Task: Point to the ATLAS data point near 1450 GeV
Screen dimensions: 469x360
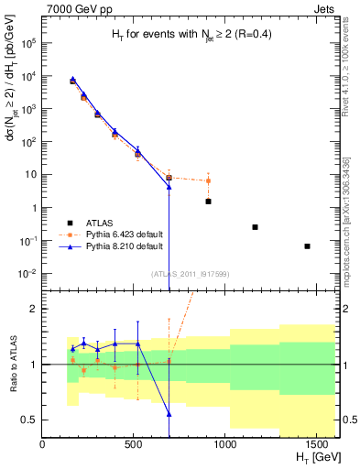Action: pyautogui.click(x=308, y=245)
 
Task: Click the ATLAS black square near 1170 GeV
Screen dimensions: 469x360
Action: pyautogui.click(x=255, y=227)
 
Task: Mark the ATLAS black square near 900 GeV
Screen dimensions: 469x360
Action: pyautogui.click(x=209, y=201)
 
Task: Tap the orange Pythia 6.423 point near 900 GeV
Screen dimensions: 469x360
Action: pyautogui.click(x=209, y=180)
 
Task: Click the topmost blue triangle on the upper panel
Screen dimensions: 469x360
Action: pyautogui.click(x=72, y=80)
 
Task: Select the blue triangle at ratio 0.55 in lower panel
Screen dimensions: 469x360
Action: pyautogui.click(x=169, y=414)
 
